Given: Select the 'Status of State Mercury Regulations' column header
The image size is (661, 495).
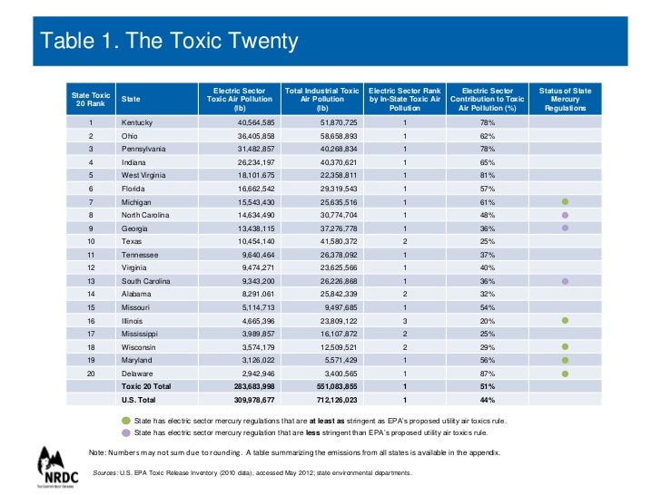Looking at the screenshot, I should point(565,100).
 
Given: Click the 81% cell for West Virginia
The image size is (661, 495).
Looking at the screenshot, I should point(488,175).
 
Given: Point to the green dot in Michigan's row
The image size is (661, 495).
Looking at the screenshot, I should point(564,201).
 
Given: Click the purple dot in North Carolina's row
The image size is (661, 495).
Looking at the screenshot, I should point(564,215).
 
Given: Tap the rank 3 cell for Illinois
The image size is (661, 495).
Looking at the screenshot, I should point(405,321).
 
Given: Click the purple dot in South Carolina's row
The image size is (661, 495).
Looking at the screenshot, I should point(564,281).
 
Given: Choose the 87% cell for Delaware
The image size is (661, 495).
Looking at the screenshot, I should point(488,374).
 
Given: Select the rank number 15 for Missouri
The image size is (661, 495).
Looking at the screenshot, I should point(91,307).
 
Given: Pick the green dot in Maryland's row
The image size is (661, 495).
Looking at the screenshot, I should point(564,360).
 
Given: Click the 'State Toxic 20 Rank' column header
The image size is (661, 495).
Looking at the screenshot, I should point(91,100).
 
